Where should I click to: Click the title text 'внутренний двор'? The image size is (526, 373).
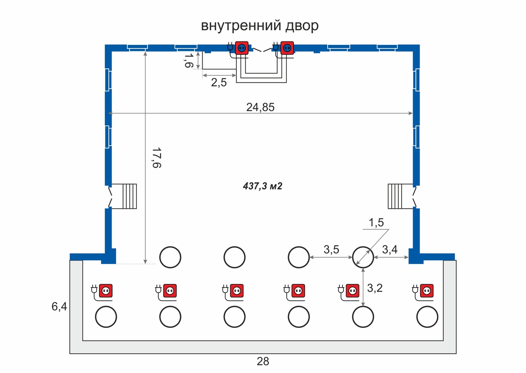260,26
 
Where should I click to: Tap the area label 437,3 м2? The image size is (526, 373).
262,186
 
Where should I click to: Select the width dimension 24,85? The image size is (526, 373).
260,107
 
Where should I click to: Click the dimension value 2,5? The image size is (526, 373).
219,82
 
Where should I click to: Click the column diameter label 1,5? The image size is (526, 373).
376,223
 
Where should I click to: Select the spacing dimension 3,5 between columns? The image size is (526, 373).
332,249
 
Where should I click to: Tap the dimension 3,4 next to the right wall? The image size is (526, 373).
390,249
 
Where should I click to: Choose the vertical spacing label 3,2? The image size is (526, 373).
374,288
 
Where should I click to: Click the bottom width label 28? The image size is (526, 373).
263,362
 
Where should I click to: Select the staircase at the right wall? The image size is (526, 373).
395,196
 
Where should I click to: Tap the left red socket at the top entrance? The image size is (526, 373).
242,48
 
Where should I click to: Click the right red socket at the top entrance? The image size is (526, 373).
287,48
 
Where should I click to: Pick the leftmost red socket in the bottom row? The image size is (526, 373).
106,291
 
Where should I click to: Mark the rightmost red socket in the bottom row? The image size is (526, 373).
428,291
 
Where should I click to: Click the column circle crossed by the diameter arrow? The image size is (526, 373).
363,257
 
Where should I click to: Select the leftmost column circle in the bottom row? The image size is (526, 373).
106,317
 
